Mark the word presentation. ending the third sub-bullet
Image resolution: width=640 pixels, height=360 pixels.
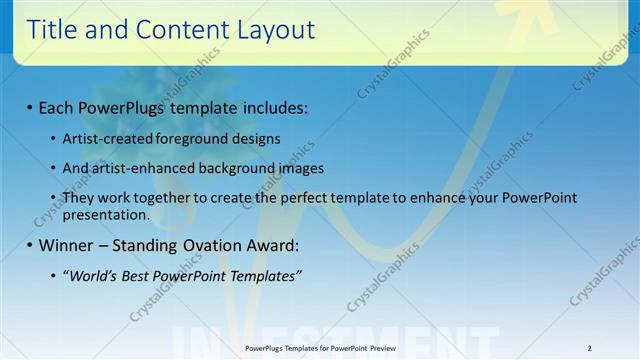point(106,214)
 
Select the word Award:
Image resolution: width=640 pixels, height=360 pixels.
point(271,245)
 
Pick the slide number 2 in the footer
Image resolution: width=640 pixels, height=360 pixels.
point(589,348)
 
